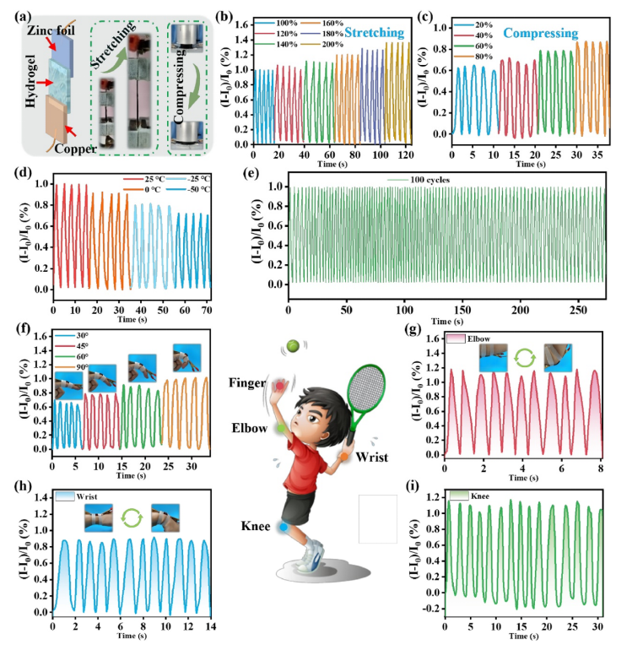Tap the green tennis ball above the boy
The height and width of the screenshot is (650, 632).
click(x=292, y=345)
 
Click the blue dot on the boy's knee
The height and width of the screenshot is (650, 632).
click(x=284, y=528)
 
